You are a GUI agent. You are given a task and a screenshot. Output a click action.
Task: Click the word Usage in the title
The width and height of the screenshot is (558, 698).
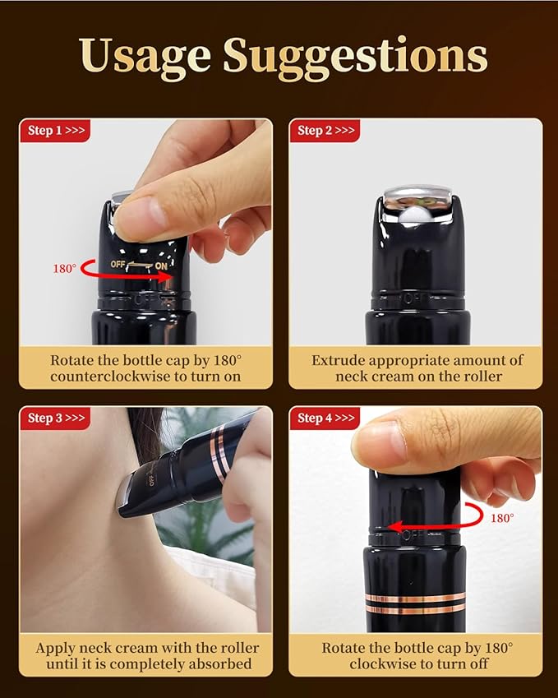point(145,56)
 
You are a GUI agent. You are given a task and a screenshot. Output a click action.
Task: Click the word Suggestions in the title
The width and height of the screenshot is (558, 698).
point(355,56)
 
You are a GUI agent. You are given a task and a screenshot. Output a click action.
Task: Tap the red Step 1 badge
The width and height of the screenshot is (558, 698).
point(55,131)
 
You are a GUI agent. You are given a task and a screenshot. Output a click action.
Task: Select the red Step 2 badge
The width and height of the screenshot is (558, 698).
point(325,131)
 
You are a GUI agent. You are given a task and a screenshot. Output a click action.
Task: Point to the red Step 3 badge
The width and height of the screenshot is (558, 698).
point(55,418)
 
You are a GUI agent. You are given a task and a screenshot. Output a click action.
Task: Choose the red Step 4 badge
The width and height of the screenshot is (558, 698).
point(325,418)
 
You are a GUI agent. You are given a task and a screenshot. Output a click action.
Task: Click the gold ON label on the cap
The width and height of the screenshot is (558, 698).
point(161,266)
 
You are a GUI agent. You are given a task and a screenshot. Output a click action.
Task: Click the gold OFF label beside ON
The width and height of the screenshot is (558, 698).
point(118,264)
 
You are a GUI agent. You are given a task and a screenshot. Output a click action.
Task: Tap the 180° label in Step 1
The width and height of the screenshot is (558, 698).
point(65,268)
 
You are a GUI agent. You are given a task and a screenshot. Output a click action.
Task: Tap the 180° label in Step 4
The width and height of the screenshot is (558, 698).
point(502,518)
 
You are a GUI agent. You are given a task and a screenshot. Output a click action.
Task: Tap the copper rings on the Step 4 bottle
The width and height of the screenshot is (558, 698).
point(415,603)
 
